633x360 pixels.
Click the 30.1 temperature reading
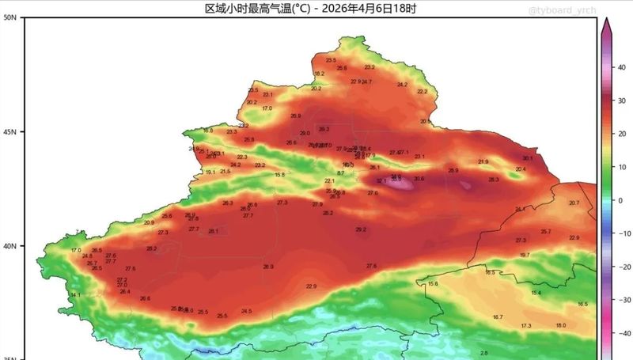pos(527,158)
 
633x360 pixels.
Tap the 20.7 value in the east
pos(574,203)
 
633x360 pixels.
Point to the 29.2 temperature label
pos(361,229)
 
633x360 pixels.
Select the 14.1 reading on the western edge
pos(75,295)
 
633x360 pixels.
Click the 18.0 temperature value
pos(560,325)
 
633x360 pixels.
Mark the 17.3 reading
pos(526,326)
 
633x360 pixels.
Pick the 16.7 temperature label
pos(498,317)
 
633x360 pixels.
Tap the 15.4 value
pos(536,294)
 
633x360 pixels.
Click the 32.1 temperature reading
pos(381,181)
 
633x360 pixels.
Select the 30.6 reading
pos(419,179)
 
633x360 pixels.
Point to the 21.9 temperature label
pos(483,162)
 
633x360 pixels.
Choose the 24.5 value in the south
pos(246,311)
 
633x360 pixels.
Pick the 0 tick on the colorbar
pos(621,201)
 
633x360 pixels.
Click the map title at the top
pos(310,9)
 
